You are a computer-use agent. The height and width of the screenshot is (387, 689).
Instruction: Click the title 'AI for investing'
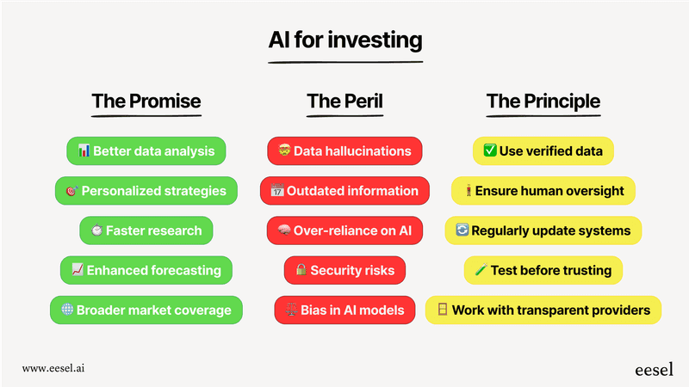[344, 40]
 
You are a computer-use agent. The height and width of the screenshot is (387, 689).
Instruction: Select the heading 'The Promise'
[146, 101]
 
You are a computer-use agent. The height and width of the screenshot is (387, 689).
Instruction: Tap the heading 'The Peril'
[344, 101]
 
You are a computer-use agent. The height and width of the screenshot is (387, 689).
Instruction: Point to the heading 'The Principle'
[543, 101]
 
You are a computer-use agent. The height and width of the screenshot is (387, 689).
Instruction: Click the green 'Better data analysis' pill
[146, 151]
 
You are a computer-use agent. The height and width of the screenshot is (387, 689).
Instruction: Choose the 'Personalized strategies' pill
[146, 191]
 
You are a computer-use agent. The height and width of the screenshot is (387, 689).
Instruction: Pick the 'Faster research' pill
[146, 230]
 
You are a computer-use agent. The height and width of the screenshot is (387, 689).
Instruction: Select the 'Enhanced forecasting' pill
[146, 270]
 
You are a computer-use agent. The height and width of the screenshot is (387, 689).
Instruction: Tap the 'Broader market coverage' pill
[146, 310]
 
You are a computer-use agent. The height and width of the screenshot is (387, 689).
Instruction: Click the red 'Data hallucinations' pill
[344, 151]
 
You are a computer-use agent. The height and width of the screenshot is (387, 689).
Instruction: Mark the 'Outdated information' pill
[344, 191]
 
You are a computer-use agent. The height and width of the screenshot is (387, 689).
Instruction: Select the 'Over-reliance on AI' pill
[344, 230]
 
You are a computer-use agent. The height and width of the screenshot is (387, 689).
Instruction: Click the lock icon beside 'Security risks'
[301, 270]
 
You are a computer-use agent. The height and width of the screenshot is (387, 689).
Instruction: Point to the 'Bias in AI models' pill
[344, 310]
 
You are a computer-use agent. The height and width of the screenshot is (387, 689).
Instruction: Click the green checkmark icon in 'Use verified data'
[489, 151]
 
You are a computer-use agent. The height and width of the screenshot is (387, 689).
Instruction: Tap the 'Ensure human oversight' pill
[543, 191]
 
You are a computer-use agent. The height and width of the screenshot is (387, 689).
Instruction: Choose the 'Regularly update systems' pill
[543, 230]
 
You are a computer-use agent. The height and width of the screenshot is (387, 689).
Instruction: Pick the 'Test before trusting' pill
[543, 270]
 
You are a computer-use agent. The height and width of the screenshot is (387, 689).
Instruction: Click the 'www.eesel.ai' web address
[53, 368]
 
